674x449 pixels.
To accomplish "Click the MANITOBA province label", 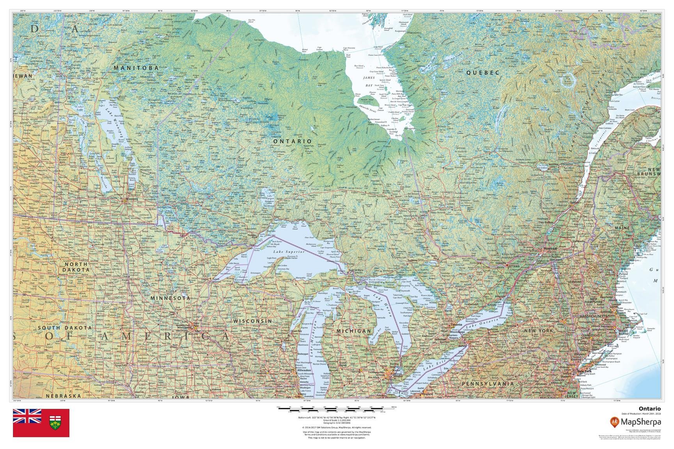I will (x=136, y=68).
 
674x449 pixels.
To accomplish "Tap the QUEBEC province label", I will (x=483, y=72).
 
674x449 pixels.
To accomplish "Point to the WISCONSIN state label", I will (x=252, y=321).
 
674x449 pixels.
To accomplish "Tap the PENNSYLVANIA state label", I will (x=488, y=384).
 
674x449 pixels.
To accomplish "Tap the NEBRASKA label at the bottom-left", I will (x=63, y=396).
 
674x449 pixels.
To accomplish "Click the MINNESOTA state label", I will (x=170, y=298).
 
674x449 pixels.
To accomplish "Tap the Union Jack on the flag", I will (x=27, y=416).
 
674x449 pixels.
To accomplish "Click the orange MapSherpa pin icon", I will (x=615, y=421).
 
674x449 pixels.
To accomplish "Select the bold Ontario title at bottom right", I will (x=653, y=408).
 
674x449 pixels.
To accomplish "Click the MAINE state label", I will (x=622, y=228).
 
